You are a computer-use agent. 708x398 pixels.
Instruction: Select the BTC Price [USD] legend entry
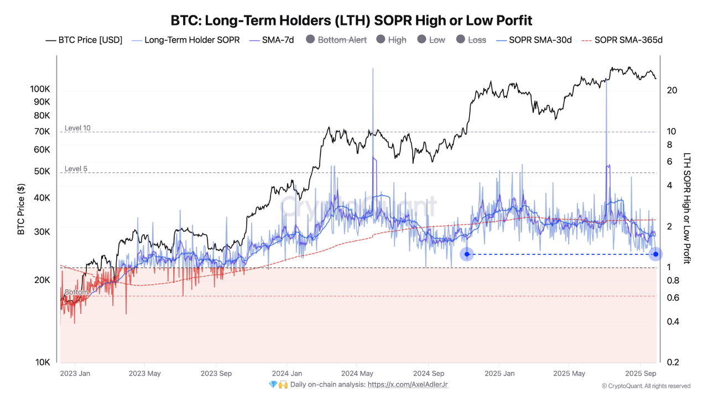coord(84,40)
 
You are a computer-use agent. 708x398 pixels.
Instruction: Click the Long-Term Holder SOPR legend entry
coord(185,40)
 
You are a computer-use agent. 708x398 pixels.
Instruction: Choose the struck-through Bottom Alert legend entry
coord(336,40)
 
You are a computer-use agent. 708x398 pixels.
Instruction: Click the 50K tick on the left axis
coord(41,171)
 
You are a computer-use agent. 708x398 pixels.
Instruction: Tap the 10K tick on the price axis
coord(43,362)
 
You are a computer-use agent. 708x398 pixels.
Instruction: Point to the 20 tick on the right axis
coord(672,90)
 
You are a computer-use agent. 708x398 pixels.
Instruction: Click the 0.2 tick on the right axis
coord(673,362)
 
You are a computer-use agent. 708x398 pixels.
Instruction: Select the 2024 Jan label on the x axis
coord(287,373)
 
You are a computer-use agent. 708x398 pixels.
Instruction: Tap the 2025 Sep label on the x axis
coord(641,373)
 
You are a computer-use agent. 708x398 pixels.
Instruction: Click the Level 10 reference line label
coord(77,128)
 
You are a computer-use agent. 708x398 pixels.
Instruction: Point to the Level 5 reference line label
coord(76,169)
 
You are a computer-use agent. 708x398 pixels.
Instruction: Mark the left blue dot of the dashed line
coord(467,254)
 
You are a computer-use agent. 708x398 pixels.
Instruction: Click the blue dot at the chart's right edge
coord(655,254)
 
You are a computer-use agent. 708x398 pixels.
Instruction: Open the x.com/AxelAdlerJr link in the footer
coord(408,384)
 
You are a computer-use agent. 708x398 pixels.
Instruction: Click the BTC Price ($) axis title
coord(22,209)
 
